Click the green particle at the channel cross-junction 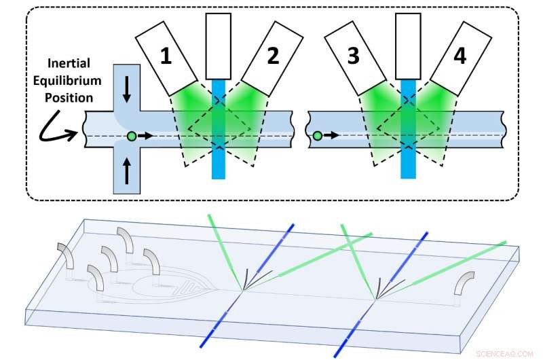(131, 137)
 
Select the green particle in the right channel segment (318, 137)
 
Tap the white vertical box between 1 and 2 (218, 44)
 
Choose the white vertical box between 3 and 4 (407, 44)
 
